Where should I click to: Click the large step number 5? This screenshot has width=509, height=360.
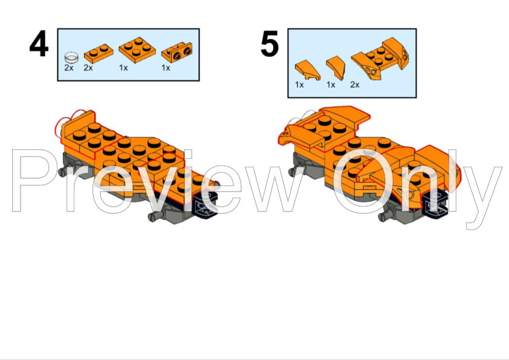(x=270, y=45)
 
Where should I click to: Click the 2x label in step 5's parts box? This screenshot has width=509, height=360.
(x=355, y=85)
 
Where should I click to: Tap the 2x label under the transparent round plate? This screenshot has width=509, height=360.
(x=69, y=68)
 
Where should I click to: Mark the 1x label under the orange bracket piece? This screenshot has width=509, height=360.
(x=166, y=68)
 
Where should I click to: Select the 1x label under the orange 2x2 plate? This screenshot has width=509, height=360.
(x=123, y=68)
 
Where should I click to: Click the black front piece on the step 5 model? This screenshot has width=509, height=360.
(x=436, y=204)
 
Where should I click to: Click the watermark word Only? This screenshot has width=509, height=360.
(x=417, y=181)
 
